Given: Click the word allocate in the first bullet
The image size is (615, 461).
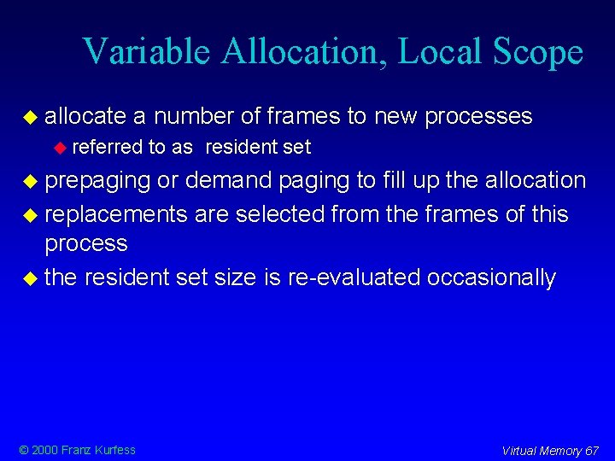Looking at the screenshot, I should click(x=85, y=116).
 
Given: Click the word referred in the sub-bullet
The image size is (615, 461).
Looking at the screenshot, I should click(x=108, y=148).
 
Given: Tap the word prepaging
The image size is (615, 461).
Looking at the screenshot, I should click(x=97, y=181).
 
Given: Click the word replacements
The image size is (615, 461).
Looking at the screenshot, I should click(x=116, y=213).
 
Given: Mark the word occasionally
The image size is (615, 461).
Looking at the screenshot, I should click(x=492, y=277).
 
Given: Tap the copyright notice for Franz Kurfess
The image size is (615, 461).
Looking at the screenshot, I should click(x=78, y=450).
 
